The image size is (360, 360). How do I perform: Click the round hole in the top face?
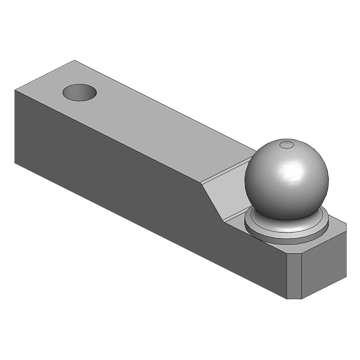(x=80, y=93)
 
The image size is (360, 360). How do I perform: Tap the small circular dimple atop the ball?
(x=286, y=144)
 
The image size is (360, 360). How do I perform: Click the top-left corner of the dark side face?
(x=15, y=90)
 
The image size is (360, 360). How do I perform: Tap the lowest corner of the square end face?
(x=301, y=299)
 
